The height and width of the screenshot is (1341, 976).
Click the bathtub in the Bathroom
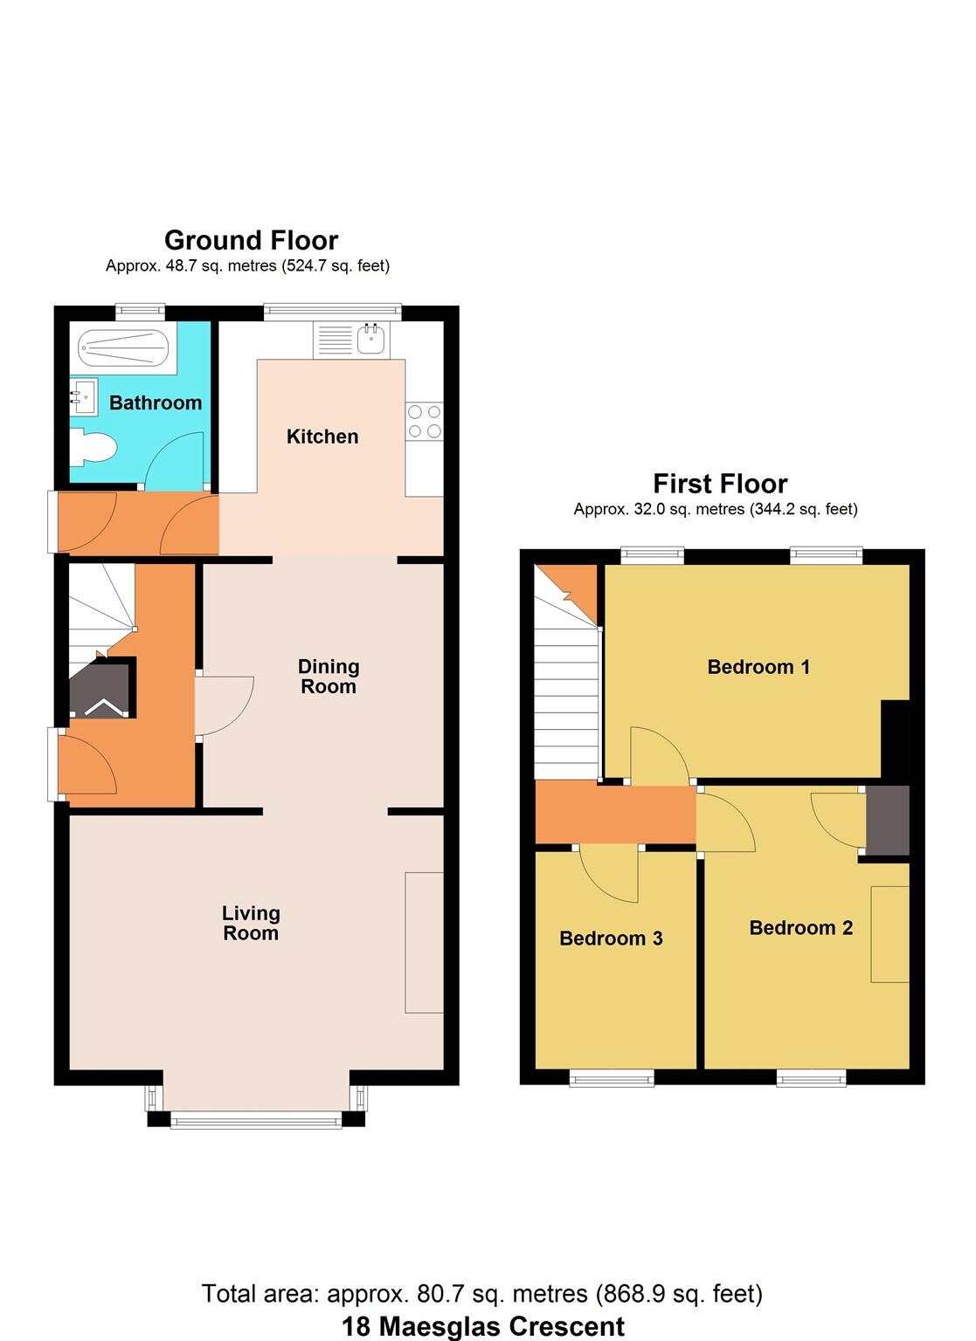pos(123,348)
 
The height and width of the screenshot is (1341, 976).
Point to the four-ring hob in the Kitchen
pos(425,421)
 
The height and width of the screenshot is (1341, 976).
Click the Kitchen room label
pos(322,437)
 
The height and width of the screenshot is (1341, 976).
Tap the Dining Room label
pos(329,677)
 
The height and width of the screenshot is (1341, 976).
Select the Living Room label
pos(251,923)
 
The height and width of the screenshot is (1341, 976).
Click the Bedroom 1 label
pos(758,667)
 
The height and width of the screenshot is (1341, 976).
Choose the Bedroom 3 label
pos(611,939)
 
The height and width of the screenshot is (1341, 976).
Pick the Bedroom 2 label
pos(800,928)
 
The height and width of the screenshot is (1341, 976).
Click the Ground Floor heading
pos(251,240)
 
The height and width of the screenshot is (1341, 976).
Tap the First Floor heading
pos(720,484)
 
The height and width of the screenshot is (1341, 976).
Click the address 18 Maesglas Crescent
pos(482,1327)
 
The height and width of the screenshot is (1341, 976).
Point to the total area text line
pos(482,1293)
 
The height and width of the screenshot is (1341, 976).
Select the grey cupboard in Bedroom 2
pos(888,820)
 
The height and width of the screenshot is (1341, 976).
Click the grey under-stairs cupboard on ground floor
pos(103,690)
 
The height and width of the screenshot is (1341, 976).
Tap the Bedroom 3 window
pos(612,1078)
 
